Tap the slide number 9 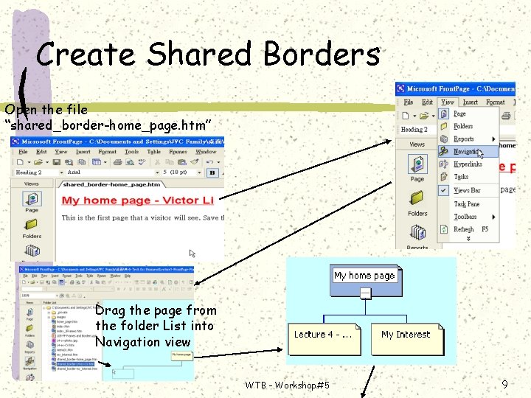click(x=504, y=384)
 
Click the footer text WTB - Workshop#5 click(x=288, y=385)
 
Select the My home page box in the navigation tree click(x=364, y=276)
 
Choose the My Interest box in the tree click(x=405, y=335)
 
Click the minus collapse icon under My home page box click(x=364, y=293)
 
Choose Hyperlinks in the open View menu click(x=468, y=164)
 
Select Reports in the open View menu click(x=464, y=139)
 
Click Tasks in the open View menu click(x=461, y=177)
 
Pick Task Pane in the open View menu click(x=466, y=204)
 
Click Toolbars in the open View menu click(x=465, y=217)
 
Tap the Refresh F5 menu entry click(x=471, y=229)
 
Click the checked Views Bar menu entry click(x=466, y=190)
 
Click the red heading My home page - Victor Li click(x=138, y=200)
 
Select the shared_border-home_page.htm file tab click(x=111, y=184)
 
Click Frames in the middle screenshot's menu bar click(x=178, y=152)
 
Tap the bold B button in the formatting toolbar click(x=212, y=172)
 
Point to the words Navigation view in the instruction click(x=142, y=342)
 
